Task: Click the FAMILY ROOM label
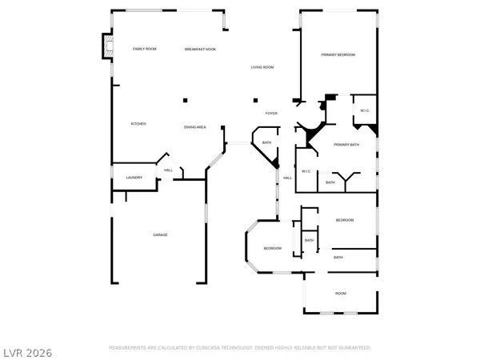(x=144, y=50)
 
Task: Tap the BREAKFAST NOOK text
(x=200, y=50)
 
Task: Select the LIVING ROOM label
(x=262, y=67)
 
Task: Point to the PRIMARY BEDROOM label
(x=338, y=54)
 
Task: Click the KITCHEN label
(x=138, y=124)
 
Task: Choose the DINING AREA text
(x=196, y=127)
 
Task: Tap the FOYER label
(x=272, y=114)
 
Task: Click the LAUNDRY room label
(x=134, y=178)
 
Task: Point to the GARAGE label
(x=160, y=234)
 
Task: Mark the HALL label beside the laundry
(x=168, y=170)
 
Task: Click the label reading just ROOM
(x=340, y=294)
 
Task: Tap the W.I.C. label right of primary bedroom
(x=364, y=110)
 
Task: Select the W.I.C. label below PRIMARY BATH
(x=306, y=171)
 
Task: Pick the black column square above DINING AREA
(x=186, y=100)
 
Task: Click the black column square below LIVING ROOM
(x=255, y=100)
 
